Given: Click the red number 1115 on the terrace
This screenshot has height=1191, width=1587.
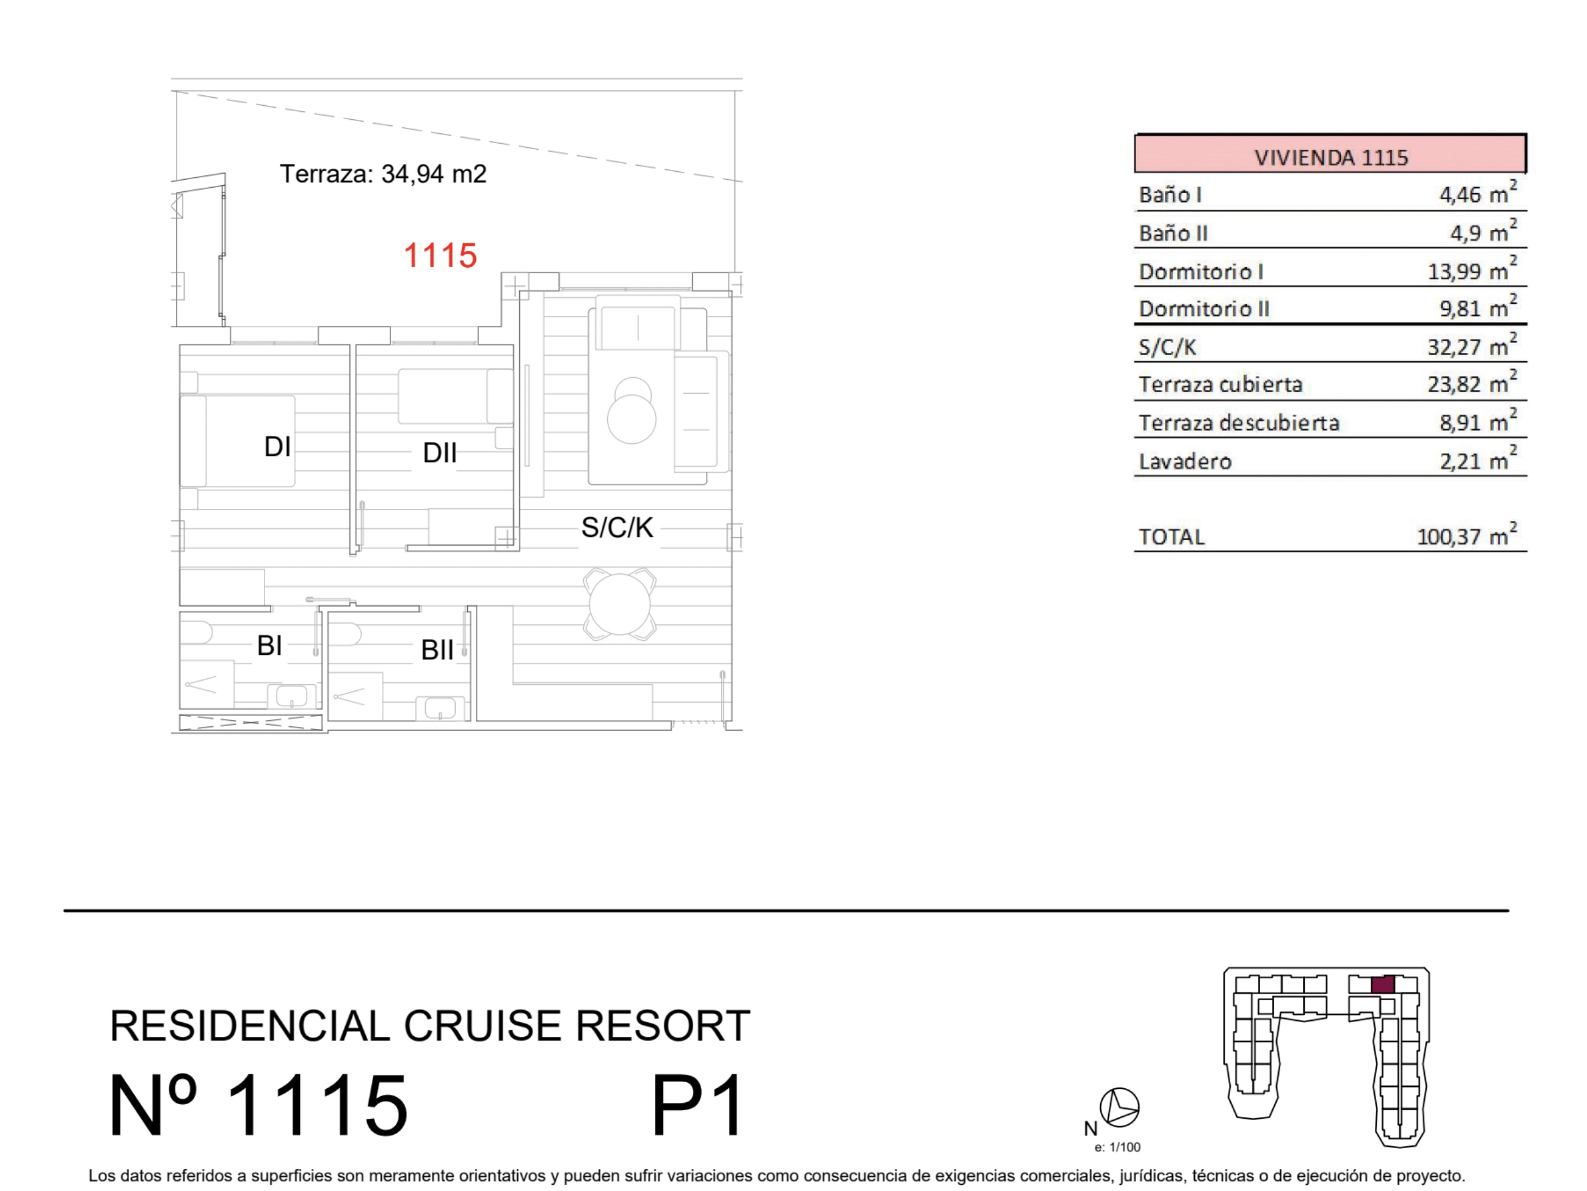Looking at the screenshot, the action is (440, 256).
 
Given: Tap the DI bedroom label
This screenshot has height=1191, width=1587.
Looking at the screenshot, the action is (277, 446).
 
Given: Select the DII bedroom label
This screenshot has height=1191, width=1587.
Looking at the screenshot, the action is (439, 452).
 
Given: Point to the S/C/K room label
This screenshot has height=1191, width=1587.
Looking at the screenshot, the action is (617, 527).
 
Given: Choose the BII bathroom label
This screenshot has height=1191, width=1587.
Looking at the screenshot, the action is (437, 650).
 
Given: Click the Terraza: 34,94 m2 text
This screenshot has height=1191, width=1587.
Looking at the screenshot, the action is (383, 174).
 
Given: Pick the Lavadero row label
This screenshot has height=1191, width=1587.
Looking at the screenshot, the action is (1184, 461).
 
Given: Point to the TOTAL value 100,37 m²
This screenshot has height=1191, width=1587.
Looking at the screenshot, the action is (1467, 535).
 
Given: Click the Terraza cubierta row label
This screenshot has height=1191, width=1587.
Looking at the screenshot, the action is (1220, 384).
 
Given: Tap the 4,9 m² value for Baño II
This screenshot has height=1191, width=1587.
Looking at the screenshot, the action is (1483, 232).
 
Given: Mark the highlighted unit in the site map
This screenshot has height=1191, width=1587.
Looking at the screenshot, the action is (1382, 984).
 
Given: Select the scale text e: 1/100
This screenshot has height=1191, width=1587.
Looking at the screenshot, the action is (1117, 1147).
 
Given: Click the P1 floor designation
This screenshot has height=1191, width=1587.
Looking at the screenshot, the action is (698, 1105).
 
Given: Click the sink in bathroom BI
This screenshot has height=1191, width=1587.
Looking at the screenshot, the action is (291, 696).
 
